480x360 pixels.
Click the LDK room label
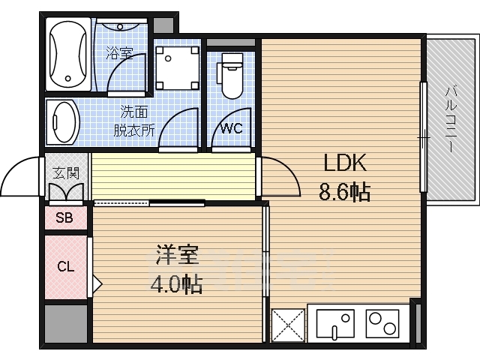[344, 163]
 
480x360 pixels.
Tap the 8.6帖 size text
[344, 193]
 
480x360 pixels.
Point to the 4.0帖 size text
[177, 284]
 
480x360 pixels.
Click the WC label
[231, 128]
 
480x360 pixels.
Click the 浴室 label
[118, 53]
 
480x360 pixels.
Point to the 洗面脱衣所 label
[134, 121]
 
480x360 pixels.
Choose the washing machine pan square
[178, 67]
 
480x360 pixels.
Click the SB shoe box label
[64, 219]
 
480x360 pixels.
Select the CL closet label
[65, 266]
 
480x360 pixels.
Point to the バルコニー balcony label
[450, 120]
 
